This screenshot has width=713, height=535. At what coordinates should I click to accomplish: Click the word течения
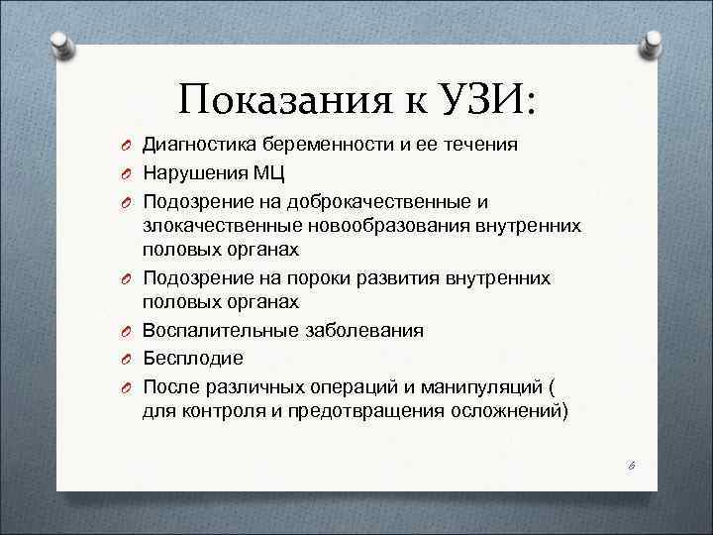pyautogui.click(x=479, y=146)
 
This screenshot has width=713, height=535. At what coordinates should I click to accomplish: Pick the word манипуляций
pyautogui.click(x=478, y=384)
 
